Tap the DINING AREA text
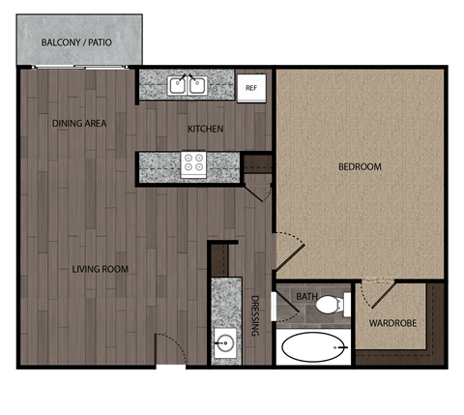(79, 124)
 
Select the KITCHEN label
(205, 129)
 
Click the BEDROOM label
(359, 167)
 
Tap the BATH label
(307, 297)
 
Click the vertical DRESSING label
(255, 314)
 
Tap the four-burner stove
(194, 164)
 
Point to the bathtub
(313, 346)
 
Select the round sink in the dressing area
(225, 342)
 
